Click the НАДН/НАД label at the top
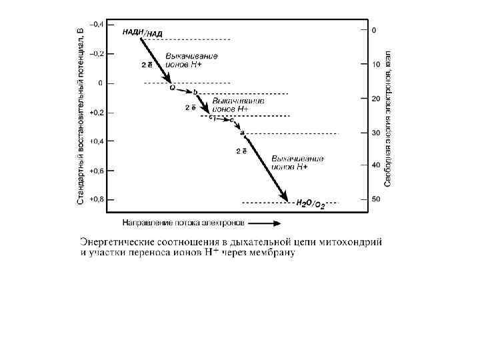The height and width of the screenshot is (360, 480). (x=142, y=32)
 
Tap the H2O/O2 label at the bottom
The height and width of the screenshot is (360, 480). (x=310, y=204)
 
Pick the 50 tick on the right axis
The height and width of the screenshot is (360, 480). (x=375, y=199)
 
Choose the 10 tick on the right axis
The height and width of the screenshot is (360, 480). (x=375, y=65)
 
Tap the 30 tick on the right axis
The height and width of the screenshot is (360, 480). (x=375, y=133)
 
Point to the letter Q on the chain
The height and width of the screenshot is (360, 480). (x=173, y=87)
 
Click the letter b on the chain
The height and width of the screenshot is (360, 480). (x=195, y=91)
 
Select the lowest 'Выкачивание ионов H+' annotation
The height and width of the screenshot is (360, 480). (x=297, y=162)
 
